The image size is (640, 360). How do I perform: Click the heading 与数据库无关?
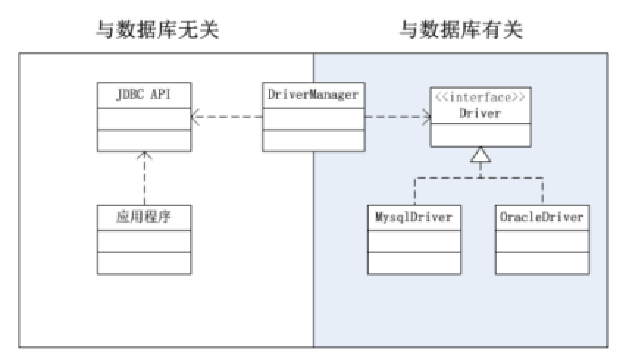(x=157, y=30)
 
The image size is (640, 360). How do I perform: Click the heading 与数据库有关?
(x=461, y=30)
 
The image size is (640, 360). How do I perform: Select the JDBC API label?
(x=144, y=95)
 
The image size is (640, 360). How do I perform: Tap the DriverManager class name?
(x=313, y=95)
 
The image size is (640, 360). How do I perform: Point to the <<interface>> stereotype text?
(x=480, y=97)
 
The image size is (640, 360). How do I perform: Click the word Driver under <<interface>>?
(x=480, y=113)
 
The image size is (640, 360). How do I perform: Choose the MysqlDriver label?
(x=414, y=217)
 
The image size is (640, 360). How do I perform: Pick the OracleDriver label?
(x=542, y=217)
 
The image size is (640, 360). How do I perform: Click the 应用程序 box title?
(x=144, y=217)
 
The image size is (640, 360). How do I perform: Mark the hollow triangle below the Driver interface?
(x=481, y=155)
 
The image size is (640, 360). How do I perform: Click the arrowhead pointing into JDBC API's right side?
(x=195, y=117)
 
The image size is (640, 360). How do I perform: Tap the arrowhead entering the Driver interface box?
(x=426, y=117)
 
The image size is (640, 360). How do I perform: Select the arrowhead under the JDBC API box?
(x=144, y=156)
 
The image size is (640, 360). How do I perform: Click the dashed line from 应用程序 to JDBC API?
(x=144, y=179)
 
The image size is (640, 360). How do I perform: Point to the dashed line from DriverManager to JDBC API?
(x=226, y=117)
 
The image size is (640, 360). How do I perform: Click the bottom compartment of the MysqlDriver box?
(x=414, y=263)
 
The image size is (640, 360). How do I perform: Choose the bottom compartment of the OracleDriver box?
(x=542, y=263)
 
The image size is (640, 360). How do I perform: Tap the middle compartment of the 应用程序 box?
(x=144, y=241)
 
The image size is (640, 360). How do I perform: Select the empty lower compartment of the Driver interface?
(x=481, y=134)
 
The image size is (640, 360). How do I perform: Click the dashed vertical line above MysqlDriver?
(x=414, y=192)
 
